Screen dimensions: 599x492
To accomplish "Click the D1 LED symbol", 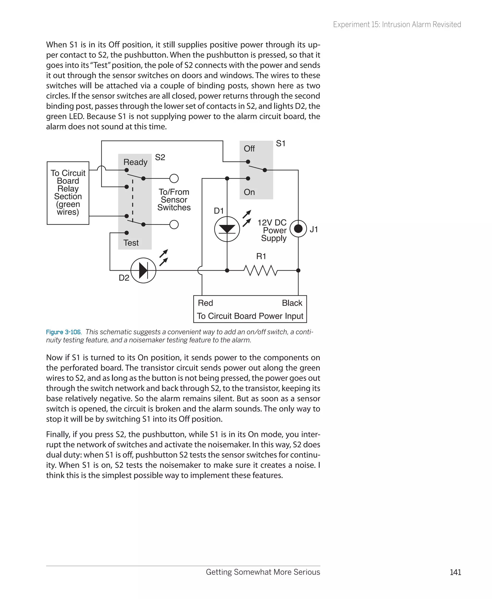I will [x=227, y=229].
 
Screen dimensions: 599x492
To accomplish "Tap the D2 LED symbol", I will [x=143, y=270].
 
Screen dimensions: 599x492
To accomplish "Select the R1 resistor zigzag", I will [x=260, y=270].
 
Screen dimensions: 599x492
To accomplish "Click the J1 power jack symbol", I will [x=298, y=229].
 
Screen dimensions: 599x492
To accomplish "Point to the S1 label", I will [x=281, y=144].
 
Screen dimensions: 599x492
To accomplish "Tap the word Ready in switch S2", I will [x=135, y=162].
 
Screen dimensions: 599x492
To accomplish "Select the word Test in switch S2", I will [x=131, y=243].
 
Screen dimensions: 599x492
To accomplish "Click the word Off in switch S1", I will [x=249, y=149].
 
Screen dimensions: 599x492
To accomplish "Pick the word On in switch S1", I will [x=249, y=192].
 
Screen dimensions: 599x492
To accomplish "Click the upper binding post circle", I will [x=174, y=178].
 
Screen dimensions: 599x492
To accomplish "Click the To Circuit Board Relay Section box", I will [x=68, y=193].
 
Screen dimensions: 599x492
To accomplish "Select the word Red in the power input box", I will [x=205, y=303].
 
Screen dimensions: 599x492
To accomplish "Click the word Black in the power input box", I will [x=292, y=303].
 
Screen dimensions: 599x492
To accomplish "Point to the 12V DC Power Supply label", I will [x=272, y=230].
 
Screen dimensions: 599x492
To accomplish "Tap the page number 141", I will [x=455, y=572].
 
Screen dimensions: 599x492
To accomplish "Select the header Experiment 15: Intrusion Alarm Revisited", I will [x=397, y=25].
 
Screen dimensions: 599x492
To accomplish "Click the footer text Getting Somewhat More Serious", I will [x=263, y=572].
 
